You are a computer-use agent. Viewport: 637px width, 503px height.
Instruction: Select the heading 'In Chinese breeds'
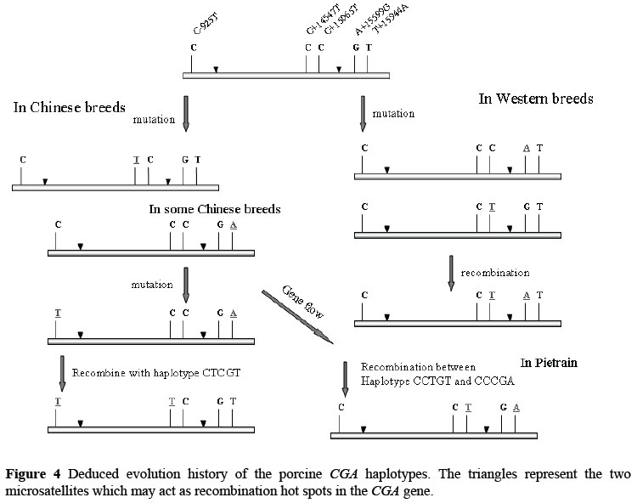pyautogui.click(x=69, y=108)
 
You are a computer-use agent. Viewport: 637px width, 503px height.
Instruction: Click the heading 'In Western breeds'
pyautogui.click(x=536, y=99)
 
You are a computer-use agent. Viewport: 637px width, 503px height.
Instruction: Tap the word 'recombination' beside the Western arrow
pyautogui.click(x=495, y=273)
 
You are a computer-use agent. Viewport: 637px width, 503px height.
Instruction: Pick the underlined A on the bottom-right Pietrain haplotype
pyautogui.click(x=516, y=407)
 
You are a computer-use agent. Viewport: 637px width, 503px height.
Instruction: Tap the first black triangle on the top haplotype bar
pyautogui.click(x=216, y=68)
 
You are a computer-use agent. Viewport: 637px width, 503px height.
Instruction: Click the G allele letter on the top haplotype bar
pyautogui.click(x=355, y=48)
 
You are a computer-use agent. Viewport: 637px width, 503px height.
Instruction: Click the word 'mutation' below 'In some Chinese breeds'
pyautogui.click(x=152, y=285)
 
